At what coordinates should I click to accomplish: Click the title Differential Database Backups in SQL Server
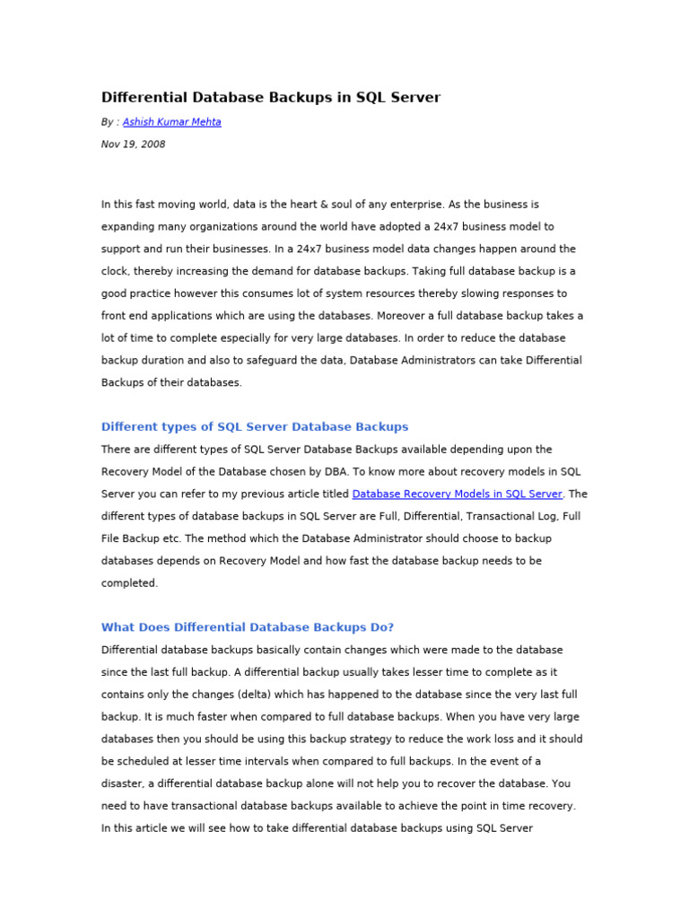click(271, 97)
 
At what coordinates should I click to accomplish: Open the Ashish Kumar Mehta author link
click(171, 122)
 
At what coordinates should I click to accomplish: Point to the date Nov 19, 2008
click(133, 144)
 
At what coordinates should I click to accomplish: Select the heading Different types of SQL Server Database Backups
click(255, 426)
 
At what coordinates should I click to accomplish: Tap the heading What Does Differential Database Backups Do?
click(248, 627)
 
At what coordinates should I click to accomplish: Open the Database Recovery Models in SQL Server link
click(457, 494)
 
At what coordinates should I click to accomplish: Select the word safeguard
click(275, 361)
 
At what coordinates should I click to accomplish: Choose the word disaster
click(123, 783)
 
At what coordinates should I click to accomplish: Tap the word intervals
click(255, 761)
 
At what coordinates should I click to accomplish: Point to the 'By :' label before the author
click(110, 122)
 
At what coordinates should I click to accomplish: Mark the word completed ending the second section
click(128, 583)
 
